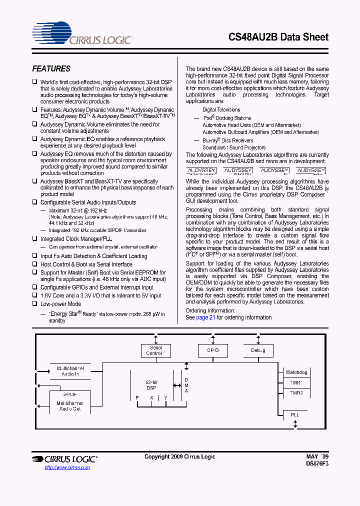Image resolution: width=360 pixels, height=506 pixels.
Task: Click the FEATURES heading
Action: coord(51,69)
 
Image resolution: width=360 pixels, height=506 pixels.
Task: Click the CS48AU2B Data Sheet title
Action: coord(278,37)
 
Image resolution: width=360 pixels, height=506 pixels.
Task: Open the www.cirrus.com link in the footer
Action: coord(67,467)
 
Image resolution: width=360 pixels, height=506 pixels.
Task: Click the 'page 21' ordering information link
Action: coord(205,317)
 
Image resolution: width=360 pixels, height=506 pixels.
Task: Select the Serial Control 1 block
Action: coord(155,350)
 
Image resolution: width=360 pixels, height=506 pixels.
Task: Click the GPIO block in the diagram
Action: coord(213,350)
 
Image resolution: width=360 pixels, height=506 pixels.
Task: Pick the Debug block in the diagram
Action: coord(258,350)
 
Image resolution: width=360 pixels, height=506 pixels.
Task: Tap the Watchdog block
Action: coord(296,372)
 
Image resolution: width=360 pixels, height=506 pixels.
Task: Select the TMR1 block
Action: coord(296,383)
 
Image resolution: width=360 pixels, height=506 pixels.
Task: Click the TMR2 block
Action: coord(296,393)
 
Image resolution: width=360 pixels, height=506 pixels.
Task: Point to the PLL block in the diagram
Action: coord(295,414)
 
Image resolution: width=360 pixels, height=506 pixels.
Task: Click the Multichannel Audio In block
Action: coord(70,371)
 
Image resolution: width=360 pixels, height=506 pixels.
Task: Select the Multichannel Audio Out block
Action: coord(70,405)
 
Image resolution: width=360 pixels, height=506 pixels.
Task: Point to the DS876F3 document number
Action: coord(317,464)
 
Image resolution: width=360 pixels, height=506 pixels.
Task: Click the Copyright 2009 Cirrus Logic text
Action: coord(180,456)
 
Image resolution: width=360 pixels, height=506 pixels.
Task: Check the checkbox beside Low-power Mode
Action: coord(35,304)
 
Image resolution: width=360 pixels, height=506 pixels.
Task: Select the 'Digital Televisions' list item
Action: coord(221,109)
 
